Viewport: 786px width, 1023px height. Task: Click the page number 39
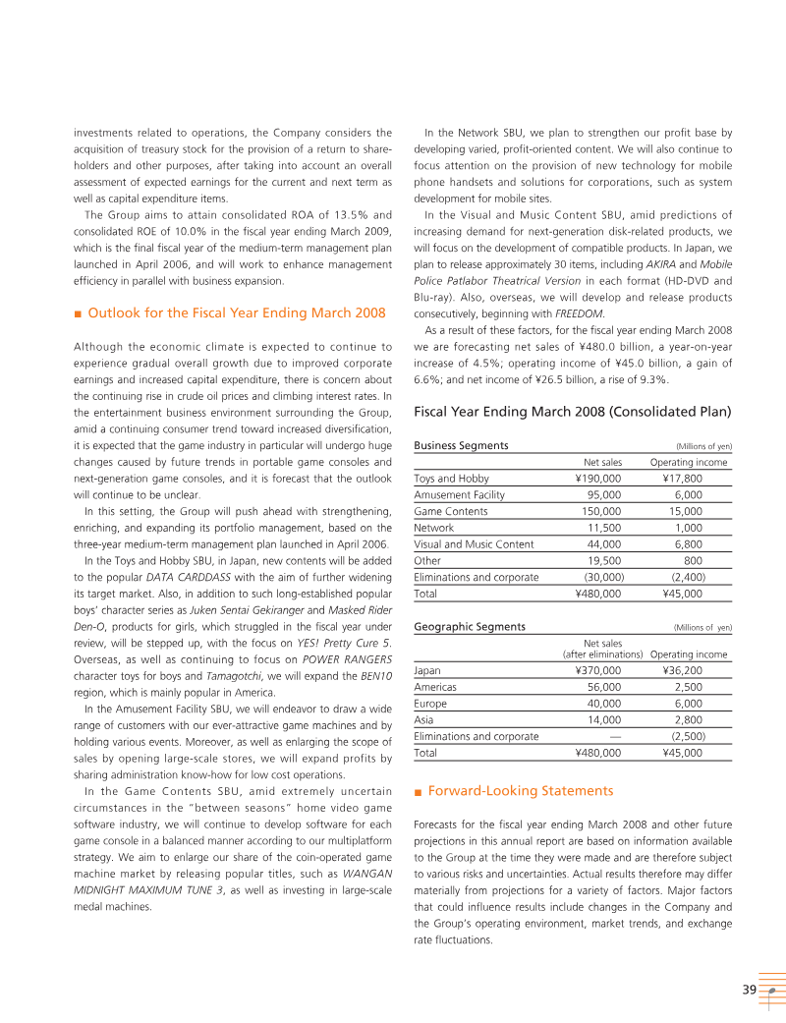tap(749, 991)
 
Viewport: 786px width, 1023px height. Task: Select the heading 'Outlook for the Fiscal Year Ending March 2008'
tap(237, 313)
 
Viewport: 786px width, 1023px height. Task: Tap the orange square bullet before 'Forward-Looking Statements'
tap(419, 790)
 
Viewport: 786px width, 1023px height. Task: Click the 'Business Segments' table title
tap(461, 445)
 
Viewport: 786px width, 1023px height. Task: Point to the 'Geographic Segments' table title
tap(470, 626)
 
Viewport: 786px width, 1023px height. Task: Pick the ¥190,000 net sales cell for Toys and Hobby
tap(597, 479)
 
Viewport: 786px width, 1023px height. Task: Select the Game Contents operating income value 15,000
tap(686, 511)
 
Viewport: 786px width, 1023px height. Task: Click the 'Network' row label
tap(434, 528)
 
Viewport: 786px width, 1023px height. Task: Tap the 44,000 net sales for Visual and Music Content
tap(604, 544)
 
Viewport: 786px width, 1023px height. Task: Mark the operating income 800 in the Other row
tap(693, 560)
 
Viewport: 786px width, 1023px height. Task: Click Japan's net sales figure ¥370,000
tap(597, 670)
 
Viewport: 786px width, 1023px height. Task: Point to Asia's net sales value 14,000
tap(604, 719)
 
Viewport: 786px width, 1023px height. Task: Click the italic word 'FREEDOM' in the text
tap(579, 313)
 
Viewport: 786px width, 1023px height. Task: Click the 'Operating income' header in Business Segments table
tap(689, 462)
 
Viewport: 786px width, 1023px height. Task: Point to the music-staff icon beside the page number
tap(772, 991)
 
